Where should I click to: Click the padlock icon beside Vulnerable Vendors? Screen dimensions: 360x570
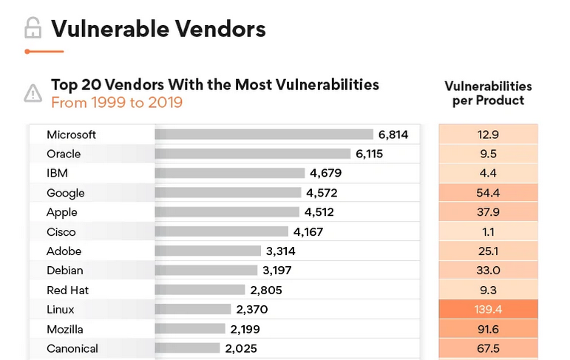point(33,28)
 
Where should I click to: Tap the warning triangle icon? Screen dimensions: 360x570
point(33,93)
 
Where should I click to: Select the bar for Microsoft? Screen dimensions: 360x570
point(264,135)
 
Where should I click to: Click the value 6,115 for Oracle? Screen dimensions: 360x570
point(370,154)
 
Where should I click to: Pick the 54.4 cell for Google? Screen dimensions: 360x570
point(488,193)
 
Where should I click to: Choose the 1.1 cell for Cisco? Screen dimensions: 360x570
point(488,231)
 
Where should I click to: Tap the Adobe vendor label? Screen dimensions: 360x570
point(64,251)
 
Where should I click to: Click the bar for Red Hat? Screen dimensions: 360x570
point(200,290)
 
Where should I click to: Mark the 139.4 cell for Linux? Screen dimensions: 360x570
point(488,309)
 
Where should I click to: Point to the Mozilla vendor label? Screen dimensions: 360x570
point(64,329)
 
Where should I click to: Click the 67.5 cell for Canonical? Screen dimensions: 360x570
point(488,348)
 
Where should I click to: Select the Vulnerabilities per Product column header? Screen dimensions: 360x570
point(488,93)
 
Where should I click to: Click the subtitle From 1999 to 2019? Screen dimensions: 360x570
point(116,103)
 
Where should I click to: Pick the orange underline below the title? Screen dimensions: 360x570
point(44,52)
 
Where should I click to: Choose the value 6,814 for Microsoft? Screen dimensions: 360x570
point(393,135)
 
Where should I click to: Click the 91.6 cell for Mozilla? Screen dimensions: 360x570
point(488,329)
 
